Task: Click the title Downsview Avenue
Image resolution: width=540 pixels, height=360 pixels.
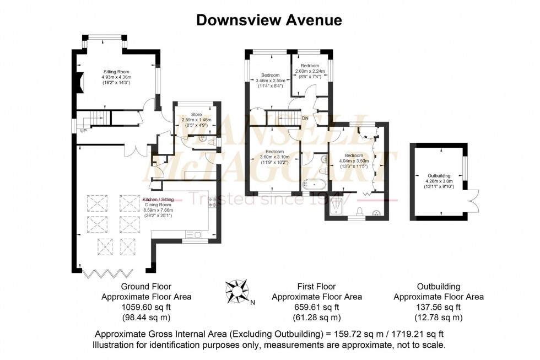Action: (269, 20)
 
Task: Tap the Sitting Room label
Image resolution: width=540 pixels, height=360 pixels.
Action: (116, 71)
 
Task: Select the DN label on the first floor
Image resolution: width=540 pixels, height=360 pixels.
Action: (305, 117)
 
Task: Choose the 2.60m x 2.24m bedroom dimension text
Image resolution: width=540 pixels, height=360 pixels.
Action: (310, 71)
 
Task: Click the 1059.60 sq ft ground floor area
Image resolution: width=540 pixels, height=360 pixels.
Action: (147, 307)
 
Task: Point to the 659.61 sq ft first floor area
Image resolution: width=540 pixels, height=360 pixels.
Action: (317, 307)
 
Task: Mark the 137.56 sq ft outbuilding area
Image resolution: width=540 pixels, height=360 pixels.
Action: (438, 307)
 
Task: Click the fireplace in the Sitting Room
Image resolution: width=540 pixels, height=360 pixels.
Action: (80, 83)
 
